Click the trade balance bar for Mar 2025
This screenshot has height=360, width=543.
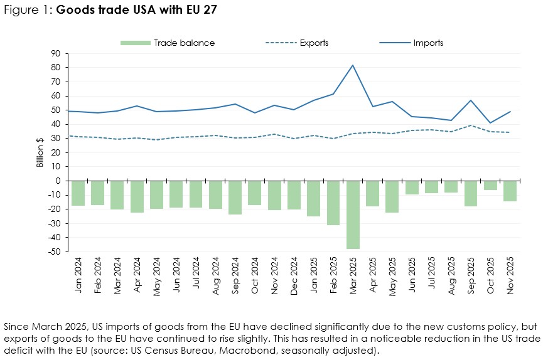(353, 214)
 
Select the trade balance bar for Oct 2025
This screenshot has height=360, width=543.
(490, 186)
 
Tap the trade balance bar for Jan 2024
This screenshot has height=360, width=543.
(78, 193)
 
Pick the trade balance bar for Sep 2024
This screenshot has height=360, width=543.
(235, 198)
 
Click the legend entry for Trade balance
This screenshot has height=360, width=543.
(167, 43)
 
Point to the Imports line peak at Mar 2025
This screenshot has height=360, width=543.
(353, 65)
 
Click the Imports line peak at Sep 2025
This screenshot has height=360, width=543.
(471, 100)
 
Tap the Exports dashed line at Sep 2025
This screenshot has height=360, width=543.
(471, 125)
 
